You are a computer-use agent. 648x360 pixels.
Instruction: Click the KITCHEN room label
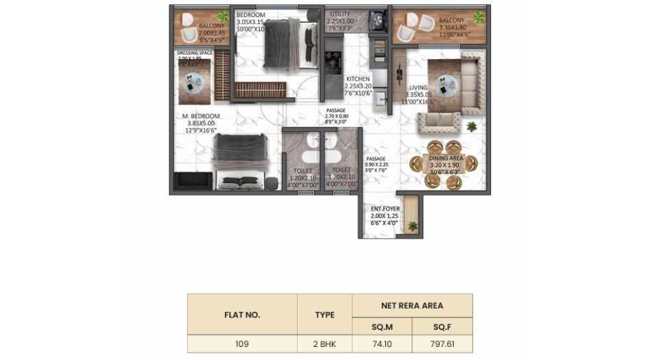tap(357, 80)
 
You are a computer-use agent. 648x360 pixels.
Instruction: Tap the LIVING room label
tap(418, 88)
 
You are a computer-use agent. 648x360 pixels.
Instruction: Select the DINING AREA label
tap(446, 158)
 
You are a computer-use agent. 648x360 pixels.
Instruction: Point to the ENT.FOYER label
tap(381, 208)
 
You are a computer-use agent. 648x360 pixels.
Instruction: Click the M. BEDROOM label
tap(201, 116)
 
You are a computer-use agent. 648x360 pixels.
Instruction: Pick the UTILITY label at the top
tap(340, 14)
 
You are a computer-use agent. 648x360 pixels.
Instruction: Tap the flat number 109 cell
tap(241, 344)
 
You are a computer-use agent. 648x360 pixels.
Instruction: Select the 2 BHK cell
tap(324, 344)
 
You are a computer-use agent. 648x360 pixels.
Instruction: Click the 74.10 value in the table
tap(383, 344)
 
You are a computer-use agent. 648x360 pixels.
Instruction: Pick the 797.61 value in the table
tap(442, 344)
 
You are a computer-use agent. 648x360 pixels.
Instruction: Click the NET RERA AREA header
tap(412, 305)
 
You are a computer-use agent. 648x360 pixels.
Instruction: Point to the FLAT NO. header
tap(241, 315)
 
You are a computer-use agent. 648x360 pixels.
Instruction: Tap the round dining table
tap(437, 164)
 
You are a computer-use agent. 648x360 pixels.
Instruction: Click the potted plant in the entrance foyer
tap(412, 226)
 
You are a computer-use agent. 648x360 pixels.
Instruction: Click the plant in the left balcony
tap(222, 16)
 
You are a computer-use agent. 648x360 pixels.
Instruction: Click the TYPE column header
tap(324, 315)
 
